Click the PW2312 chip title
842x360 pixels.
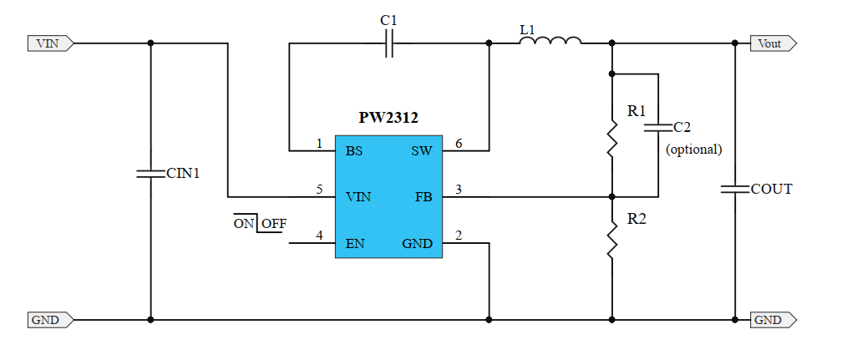tap(388, 119)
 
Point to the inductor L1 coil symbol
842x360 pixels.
tap(550, 41)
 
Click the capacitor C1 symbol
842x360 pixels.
tap(389, 43)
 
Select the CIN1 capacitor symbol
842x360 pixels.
tap(150, 174)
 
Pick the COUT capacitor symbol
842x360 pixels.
tap(735, 190)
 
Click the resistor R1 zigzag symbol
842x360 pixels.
tap(612, 137)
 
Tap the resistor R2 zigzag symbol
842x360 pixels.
tap(612, 243)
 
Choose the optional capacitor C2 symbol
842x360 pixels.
tap(658, 128)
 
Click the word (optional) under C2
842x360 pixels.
tap(693, 150)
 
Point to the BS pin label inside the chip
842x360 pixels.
tap(354, 151)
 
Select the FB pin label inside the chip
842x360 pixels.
tap(423, 197)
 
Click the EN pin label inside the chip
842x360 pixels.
tap(355, 244)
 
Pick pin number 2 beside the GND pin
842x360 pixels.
tap(458, 236)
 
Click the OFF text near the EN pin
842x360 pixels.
tap(273, 224)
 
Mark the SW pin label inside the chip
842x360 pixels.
tap(421, 151)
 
